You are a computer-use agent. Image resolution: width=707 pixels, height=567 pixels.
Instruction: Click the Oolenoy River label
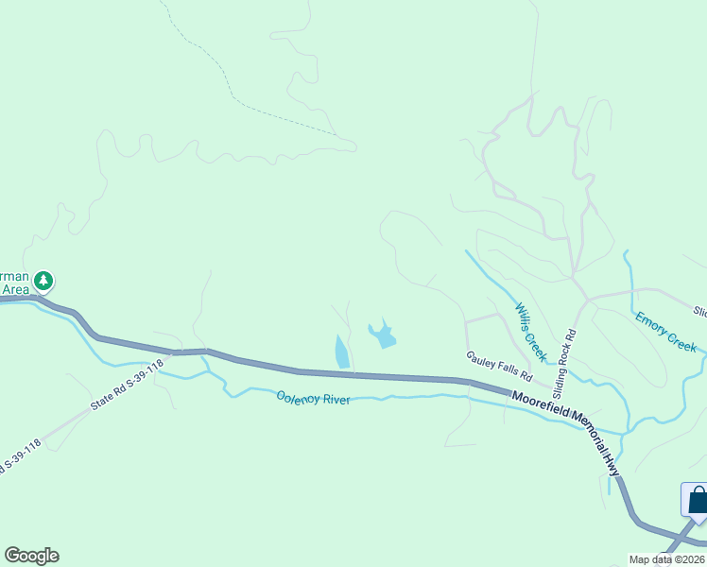(313, 399)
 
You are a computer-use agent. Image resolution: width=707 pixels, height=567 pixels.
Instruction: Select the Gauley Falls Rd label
(499, 365)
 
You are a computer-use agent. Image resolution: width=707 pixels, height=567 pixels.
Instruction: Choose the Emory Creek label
(665, 332)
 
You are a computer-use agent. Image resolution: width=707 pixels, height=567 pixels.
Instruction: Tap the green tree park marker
(43, 281)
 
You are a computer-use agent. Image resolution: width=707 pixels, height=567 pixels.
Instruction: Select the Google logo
(31, 556)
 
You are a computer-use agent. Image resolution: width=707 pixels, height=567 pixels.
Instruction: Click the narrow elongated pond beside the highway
(341, 352)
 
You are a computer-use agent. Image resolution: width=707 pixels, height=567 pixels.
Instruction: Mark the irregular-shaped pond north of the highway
(382, 334)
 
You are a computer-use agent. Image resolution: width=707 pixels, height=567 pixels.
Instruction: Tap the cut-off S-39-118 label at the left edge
(21, 456)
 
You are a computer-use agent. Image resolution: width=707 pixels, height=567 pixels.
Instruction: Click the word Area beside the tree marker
(15, 289)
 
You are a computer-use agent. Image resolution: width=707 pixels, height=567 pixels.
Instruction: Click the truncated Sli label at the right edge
(699, 311)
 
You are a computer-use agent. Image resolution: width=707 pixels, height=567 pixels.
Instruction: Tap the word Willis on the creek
(523, 319)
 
